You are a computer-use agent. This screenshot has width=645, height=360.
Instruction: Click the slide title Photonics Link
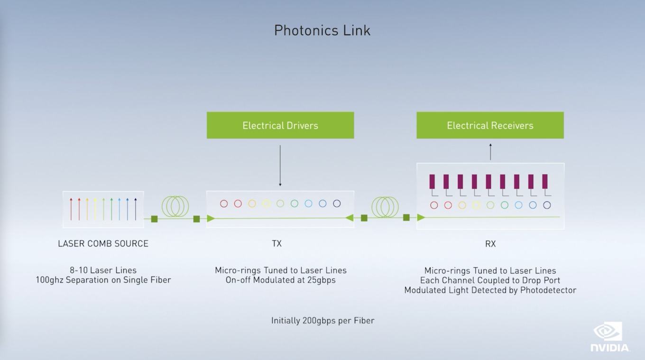click(x=322, y=30)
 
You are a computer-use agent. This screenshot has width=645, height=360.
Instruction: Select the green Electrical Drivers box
click(x=280, y=125)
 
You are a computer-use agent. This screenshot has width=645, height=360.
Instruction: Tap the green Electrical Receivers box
click(x=490, y=125)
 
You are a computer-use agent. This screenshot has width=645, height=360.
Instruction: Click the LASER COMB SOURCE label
click(x=103, y=244)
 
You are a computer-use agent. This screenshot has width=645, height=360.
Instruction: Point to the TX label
click(x=276, y=244)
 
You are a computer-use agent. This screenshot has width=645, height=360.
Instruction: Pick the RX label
click(x=490, y=244)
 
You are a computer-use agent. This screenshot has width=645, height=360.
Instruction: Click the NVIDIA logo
click(x=609, y=337)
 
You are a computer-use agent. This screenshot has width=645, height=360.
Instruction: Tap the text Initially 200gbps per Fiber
click(x=322, y=321)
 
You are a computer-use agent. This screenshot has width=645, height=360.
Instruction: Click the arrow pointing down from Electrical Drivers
click(x=280, y=166)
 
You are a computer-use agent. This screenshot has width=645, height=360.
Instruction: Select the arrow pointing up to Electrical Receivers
click(x=490, y=152)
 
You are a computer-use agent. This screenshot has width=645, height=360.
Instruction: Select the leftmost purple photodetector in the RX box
click(x=432, y=182)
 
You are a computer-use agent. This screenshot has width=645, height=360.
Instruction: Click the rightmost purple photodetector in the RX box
click(x=545, y=182)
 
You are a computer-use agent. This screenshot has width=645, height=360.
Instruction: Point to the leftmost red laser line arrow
click(x=71, y=209)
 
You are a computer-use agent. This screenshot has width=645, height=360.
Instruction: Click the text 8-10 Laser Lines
click(x=103, y=270)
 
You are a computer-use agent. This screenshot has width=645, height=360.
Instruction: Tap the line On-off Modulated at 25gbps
click(x=280, y=280)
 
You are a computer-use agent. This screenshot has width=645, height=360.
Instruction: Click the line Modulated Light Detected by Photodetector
click(x=490, y=290)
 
